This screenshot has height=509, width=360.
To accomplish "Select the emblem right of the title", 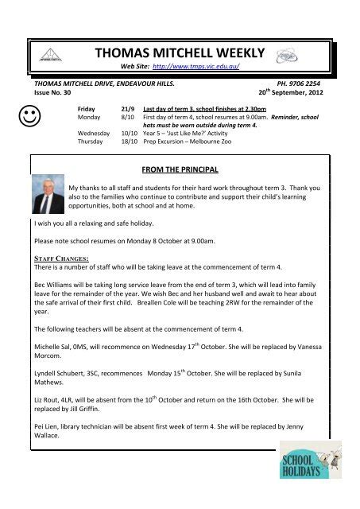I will (x=285, y=55).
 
